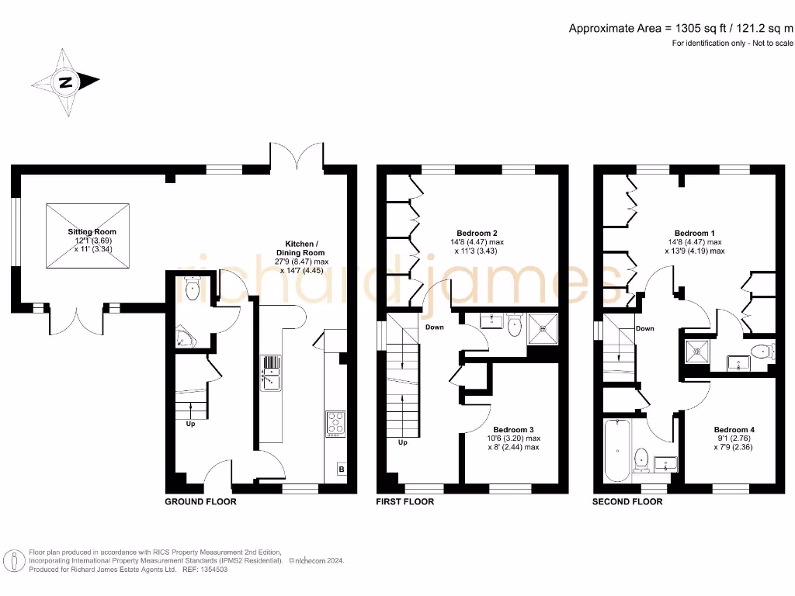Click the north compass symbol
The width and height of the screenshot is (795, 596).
[66, 81]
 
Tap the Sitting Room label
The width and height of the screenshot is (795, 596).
[91, 232]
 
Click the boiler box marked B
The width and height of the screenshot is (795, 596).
[341, 468]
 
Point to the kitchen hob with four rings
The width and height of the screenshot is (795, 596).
[336, 423]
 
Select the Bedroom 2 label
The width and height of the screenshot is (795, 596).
[477, 233]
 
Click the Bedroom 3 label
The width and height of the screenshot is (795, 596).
[514, 429]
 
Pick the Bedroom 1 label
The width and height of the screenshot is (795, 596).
[694, 233]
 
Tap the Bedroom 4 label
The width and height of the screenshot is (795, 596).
[734, 430]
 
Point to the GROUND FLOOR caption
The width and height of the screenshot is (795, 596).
[200, 502]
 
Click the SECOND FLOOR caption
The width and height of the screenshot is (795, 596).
[627, 502]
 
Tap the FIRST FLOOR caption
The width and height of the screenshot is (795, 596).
[404, 502]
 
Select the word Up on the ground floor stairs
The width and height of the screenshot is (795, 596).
[189, 424]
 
